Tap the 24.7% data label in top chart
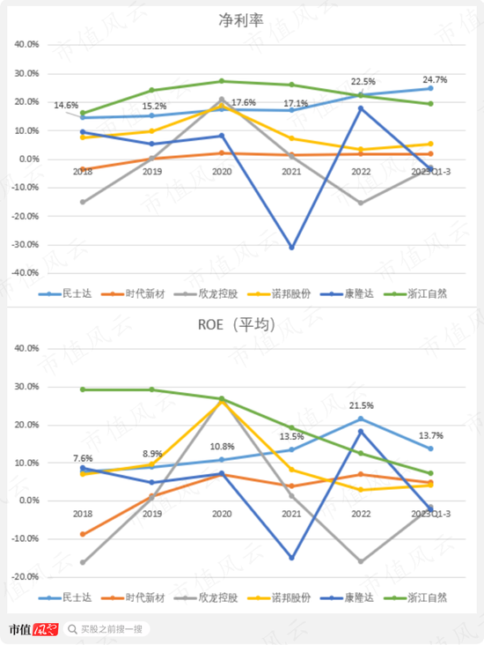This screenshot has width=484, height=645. pos(434,79)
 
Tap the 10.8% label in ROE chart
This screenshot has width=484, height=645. pos(221,447)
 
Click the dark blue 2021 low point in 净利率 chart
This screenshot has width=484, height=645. pos(291,248)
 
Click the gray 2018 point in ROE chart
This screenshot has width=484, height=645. pos(83,562)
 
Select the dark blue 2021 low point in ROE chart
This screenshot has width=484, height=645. pos(291,558)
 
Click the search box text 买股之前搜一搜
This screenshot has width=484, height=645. pos(114,629)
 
